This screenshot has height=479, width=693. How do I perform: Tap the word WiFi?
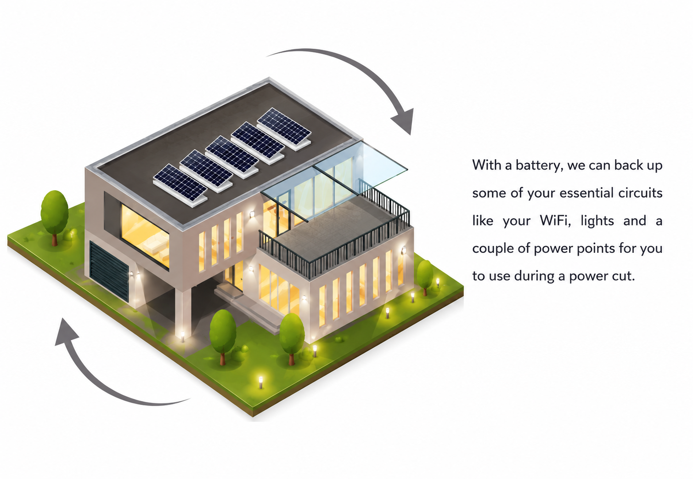[x=555, y=221]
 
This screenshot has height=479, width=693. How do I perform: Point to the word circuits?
[x=640, y=193]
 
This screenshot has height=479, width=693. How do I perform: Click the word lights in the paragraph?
[x=597, y=221]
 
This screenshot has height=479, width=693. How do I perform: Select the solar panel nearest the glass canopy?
[x=284, y=129]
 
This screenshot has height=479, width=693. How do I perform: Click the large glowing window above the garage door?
[x=145, y=236]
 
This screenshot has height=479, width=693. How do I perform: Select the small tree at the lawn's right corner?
[x=425, y=276]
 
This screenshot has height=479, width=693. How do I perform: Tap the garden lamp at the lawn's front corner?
[x=261, y=382]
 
